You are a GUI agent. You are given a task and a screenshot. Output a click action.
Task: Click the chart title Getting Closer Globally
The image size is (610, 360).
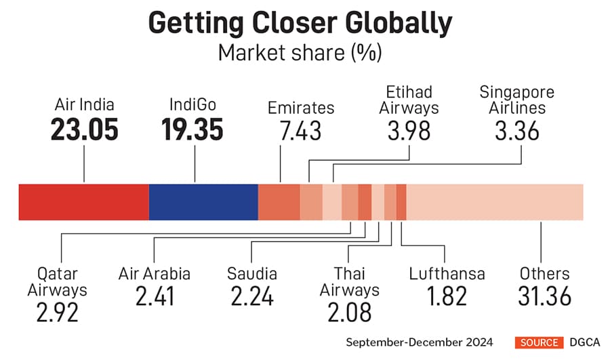click(300, 23)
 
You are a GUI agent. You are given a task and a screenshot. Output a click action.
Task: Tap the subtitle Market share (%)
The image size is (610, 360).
click(300, 52)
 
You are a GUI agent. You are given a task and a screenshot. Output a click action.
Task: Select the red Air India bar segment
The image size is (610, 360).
click(83, 202)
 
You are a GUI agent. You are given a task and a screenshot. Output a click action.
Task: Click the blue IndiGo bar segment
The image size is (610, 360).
click(203, 202)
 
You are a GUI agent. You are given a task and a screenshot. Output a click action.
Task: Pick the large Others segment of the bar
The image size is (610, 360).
click(495, 202)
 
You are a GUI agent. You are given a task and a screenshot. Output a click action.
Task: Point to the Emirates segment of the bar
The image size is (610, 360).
click(279, 202)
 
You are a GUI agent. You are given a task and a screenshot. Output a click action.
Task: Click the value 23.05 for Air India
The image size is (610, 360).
click(83, 130)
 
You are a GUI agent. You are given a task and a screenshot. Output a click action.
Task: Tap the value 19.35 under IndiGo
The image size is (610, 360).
click(192, 130)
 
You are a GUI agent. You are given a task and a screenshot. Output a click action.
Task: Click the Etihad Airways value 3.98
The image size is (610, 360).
click(409, 130)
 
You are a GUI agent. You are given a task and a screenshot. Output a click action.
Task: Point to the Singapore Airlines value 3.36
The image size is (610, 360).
click(517, 130)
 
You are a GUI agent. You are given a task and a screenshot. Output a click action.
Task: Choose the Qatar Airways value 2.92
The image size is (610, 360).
click(57, 313)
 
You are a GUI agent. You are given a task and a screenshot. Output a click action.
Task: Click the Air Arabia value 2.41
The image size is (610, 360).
click(154, 296)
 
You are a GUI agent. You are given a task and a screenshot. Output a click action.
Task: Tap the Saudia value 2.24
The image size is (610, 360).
click(251, 296)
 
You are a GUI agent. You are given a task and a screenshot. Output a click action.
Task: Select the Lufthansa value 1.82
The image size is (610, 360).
click(447, 296)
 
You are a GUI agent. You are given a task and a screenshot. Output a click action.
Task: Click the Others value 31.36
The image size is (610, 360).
click(544, 296)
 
